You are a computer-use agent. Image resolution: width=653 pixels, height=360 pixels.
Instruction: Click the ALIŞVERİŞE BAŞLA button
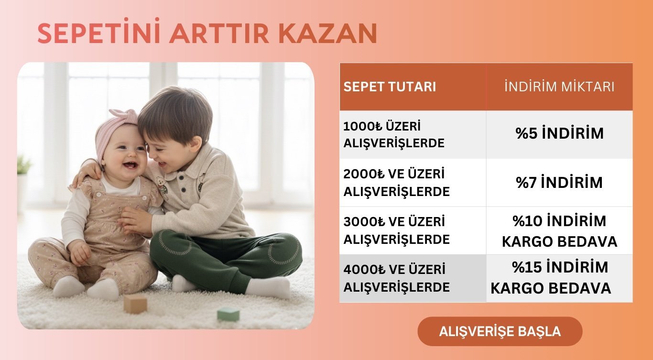[x=500, y=331]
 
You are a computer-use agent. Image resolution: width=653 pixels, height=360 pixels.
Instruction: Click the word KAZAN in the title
[x=328, y=33]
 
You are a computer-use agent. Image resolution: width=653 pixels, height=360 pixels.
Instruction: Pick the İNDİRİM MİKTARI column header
[x=559, y=86]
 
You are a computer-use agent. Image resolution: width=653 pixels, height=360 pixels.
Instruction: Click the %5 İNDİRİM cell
[x=559, y=133]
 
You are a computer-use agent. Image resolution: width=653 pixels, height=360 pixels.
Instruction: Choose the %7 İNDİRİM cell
[x=559, y=182]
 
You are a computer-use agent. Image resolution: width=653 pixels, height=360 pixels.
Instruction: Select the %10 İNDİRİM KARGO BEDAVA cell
[x=559, y=231]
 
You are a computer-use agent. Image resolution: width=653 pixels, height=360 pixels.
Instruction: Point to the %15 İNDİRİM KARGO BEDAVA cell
[x=559, y=278]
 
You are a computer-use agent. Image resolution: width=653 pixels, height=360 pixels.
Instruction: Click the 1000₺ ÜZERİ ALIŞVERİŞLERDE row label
[x=394, y=135]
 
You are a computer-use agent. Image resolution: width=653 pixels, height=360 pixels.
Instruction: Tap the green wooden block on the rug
[x=228, y=314]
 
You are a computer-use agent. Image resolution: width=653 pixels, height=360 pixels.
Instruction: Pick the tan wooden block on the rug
[x=135, y=304]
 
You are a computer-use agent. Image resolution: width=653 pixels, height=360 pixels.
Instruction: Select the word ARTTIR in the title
[x=219, y=33]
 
